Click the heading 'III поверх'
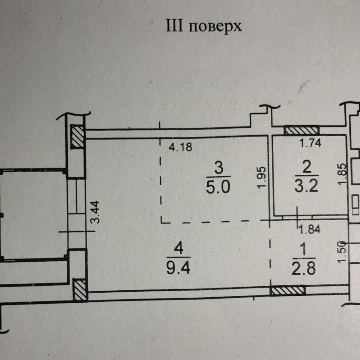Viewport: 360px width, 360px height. pyautogui.click(x=204, y=26)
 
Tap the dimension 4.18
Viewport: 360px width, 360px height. pyautogui.click(x=180, y=148)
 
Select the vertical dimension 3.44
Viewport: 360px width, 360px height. pyautogui.click(x=96, y=210)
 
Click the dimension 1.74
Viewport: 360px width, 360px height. pyautogui.click(x=310, y=143)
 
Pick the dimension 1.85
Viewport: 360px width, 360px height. pyautogui.click(x=342, y=175)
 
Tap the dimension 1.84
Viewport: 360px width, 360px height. pyautogui.click(x=309, y=228)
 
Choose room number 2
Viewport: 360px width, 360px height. pyautogui.click(x=306, y=166)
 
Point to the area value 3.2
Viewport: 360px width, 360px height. pyautogui.click(x=306, y=186)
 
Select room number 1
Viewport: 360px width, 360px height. pyautogui.click(x=304, y=250)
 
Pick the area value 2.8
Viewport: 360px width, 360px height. pyautogui.click(x=304, y=269)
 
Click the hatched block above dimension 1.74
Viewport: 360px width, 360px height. pyautogui.click(x=301, y=131)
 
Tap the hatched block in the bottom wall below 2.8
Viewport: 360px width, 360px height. pyautogui.click(x=288, y=291)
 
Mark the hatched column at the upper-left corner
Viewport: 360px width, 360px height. pyautogui.click(x=77, y=137)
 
